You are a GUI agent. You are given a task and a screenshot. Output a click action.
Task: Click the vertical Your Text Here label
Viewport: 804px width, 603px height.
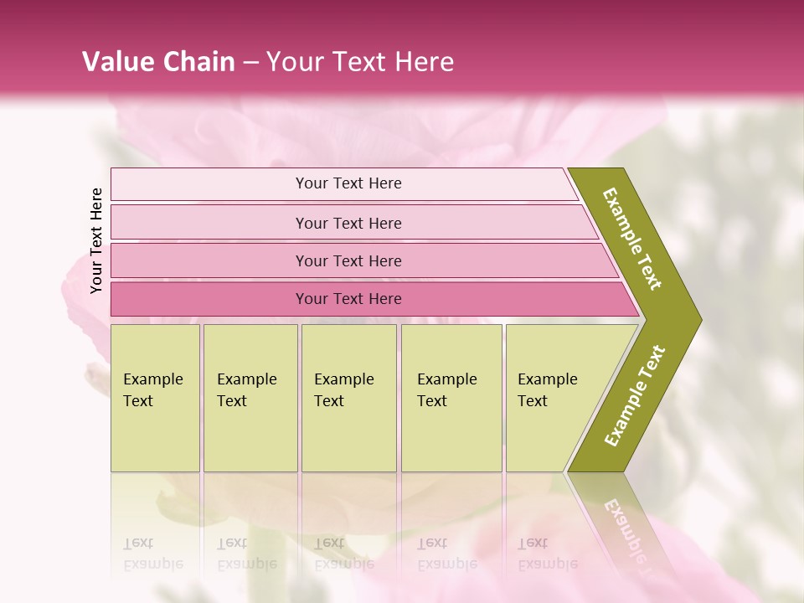coord(96,240)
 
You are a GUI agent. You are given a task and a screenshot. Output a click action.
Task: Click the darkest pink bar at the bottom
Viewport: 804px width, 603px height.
coord(209,299)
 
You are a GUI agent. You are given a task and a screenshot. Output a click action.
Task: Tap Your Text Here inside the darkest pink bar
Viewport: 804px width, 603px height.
coord(348,299)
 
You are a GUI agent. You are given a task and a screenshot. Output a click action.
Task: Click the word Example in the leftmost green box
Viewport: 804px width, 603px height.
coord(152,379)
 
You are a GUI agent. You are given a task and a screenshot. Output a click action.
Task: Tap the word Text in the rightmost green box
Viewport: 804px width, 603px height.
coord(533,401)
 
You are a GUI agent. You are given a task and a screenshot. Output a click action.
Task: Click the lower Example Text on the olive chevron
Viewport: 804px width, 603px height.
coord(635,396)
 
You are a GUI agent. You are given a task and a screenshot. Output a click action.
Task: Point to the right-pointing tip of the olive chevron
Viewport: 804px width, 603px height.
coord(699,320)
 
